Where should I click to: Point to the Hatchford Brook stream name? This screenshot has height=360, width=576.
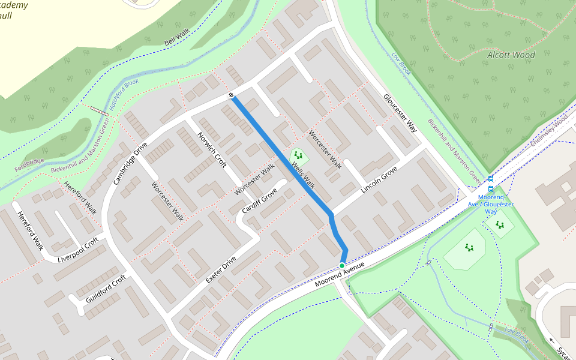[123, 95]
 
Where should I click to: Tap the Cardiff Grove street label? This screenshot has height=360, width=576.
[259, 201]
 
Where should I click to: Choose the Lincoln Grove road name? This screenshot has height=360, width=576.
[379, 180]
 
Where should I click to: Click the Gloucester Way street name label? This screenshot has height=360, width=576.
[400, 113]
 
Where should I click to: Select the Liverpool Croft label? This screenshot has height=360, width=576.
[78, 252]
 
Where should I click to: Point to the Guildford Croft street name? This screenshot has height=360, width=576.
[106, 288]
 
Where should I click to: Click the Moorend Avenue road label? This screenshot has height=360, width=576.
[340, 274]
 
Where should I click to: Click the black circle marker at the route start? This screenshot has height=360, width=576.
[231, 95]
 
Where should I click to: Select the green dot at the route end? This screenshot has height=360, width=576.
[341, 265]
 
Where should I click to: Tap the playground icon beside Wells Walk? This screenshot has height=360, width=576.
[298, 157]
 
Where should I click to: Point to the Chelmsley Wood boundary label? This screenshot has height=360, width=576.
[549, 132]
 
